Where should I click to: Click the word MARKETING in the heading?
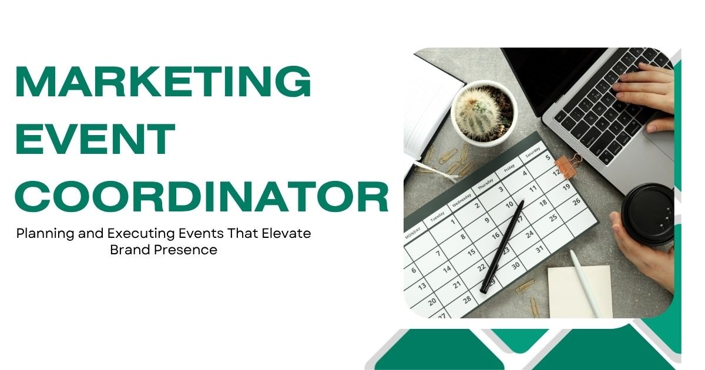163,81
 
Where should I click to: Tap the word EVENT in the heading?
95,139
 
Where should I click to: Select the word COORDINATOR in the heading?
202,197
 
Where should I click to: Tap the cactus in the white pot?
478,113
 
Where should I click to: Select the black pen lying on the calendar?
502,247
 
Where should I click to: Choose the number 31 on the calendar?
540,250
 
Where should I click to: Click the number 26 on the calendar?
576,201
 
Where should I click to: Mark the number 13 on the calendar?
422,285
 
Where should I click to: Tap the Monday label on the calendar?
412,233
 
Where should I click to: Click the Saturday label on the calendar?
532,153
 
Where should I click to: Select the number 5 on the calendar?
548,157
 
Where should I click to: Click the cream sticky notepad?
580,291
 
